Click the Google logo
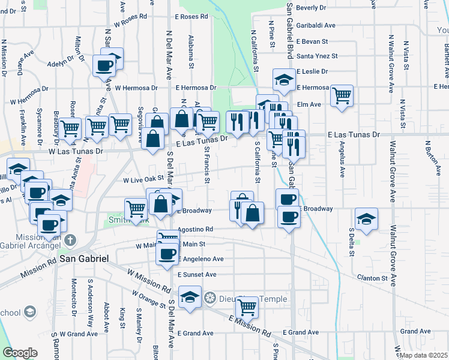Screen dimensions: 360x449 (x=20, y=353)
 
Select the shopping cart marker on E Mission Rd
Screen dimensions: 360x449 (x=247, y=307)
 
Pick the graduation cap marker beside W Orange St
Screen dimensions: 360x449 (x=190, y=298)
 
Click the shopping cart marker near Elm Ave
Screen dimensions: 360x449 (x=342, y=95)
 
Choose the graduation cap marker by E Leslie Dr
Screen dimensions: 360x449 (x=284, y=79)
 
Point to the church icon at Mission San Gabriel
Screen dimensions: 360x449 (x=70, y=240)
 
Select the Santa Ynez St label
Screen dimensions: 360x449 (x=318, y=56)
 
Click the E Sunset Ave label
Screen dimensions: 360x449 (x=197, y=274)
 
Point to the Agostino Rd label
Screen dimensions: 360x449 (x=196, y=229)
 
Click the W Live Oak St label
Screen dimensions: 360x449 (x=143, y=179)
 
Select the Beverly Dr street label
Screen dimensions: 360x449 (x=311, y=8)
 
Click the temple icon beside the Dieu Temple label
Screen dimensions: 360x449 (x=209, y=297)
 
